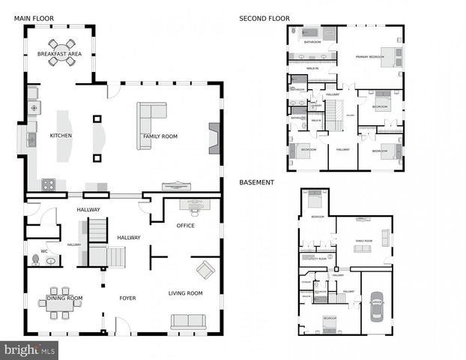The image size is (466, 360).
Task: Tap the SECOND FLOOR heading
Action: point(264,18)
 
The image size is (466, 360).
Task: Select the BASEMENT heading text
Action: point(256,182)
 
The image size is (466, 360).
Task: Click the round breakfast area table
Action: point(61,52)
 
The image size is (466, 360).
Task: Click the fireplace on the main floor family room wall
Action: point(214,138)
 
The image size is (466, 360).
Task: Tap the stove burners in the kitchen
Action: point(49,184)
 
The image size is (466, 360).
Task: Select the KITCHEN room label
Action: point(61,136)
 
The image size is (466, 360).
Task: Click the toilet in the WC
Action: point(34,260)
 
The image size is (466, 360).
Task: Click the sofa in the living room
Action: point(188,321)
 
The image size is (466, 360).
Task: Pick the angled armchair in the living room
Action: point(205,269)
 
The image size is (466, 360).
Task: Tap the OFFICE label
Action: point(185,225)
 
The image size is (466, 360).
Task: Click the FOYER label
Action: point(127,298)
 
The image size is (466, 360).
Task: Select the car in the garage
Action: point(376,305)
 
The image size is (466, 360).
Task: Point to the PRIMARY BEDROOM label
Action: point(369,56)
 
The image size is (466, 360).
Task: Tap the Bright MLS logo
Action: point(30,349)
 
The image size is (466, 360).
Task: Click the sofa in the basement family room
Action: point(385,238)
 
